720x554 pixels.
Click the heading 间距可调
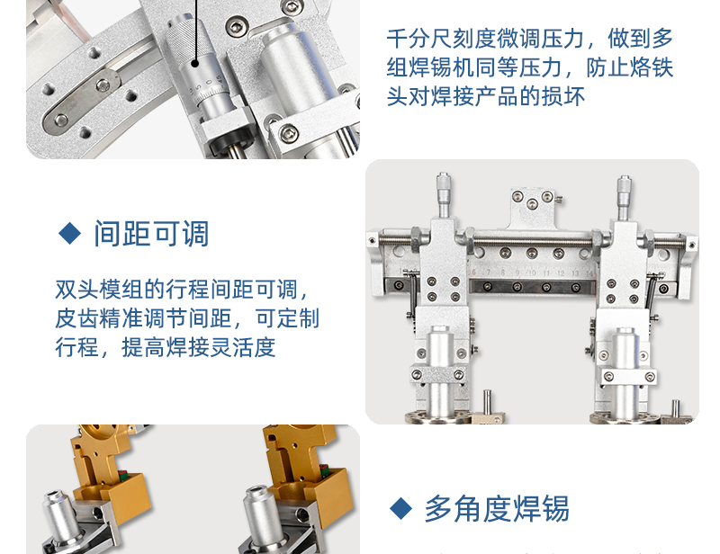151,234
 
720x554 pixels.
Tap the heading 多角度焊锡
497,508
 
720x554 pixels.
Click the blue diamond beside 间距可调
70,233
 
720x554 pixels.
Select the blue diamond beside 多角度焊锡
400,508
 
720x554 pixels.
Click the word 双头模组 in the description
99,290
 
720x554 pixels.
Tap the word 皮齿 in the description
76,318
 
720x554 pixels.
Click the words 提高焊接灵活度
198,347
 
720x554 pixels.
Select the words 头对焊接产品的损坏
486,96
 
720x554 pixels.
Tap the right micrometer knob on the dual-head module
624,188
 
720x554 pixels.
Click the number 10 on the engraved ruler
532,273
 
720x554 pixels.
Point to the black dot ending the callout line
195,64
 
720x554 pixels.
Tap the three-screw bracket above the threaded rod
533,208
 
